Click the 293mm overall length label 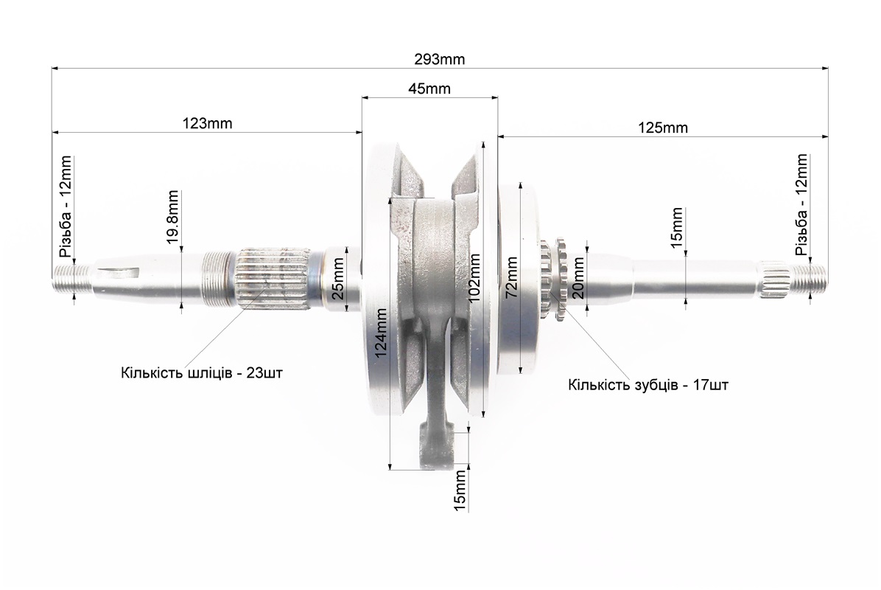point(439,59)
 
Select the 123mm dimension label point(207,123)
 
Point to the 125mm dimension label point(663,128)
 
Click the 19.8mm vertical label point(172,217)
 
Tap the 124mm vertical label point(380,333)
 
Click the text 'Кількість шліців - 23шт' point(202,373)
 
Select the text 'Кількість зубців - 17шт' point(647,385)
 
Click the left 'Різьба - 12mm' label point(66,206)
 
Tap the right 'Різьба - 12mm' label point(801,204)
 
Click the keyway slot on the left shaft point(120,274)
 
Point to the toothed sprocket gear point(554,279)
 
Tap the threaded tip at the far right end point(808,279)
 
